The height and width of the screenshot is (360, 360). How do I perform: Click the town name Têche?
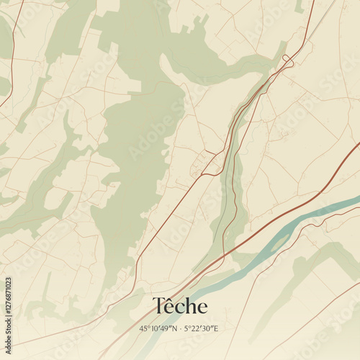(180, 306)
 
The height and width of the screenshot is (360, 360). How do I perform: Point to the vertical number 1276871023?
(8, 313)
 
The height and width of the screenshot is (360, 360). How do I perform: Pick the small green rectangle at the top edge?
(299, 6)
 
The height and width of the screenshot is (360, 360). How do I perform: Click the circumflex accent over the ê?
(171, 298)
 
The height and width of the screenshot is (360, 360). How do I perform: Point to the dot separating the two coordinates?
(180, 328)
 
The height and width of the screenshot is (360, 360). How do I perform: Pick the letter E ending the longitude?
(217, 328)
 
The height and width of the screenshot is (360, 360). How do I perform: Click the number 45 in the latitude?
(143, 328)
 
